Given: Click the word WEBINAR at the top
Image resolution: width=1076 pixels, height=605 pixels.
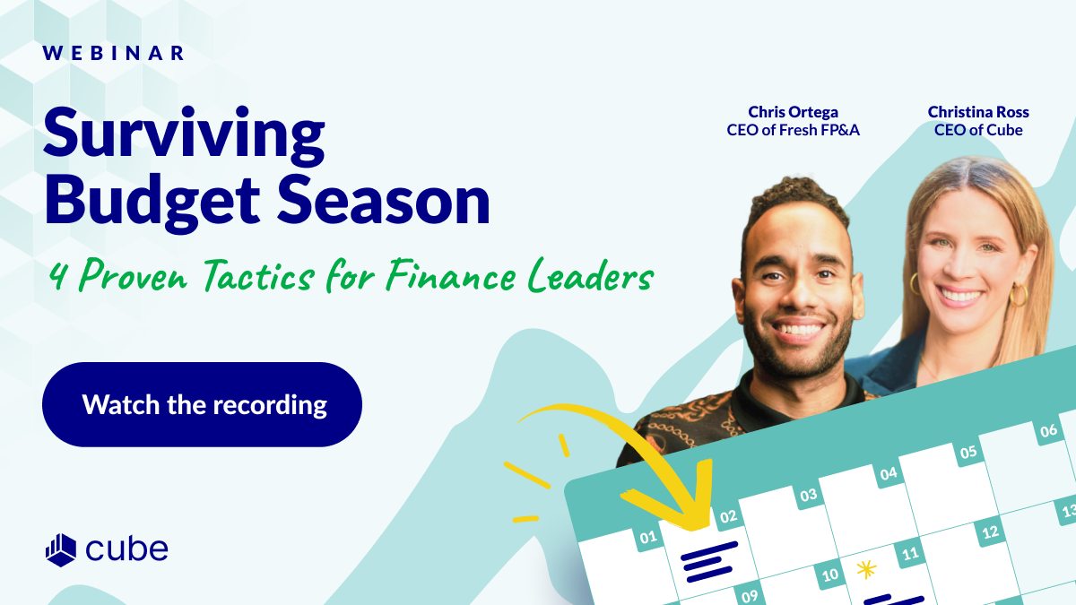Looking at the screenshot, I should [x=113, y=53].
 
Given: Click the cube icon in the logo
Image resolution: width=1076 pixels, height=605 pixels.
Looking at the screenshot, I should [x=61, y=549].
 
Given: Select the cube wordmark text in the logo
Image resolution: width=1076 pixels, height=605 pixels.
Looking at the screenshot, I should [x=127, y=549].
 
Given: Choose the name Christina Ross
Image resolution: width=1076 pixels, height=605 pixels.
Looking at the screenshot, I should [x=978, y=112].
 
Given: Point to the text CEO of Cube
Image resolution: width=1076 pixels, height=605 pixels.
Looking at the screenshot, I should [x=978, y=130].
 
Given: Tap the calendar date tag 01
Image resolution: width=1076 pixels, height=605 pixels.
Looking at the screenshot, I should [x=646, y=539].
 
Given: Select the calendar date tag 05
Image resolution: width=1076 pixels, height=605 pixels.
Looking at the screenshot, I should [x=968, y=452].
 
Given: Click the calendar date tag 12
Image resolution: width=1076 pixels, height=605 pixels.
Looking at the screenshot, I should [x=990, y=532].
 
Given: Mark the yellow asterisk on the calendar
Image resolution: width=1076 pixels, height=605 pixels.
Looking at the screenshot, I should [x=865, y=568].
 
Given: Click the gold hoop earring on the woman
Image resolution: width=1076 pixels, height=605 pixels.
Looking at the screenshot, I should [x=1020, y=295].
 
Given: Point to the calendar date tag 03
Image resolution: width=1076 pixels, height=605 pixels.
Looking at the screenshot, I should [x=808, y=495].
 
